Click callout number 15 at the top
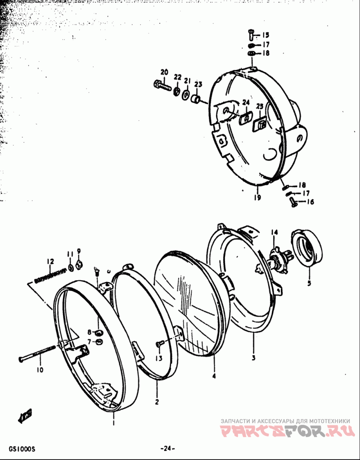click(x=265, y=35)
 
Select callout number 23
click(x=198, y=84)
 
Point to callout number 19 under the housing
click(x=257, y=198)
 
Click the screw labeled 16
click(x=293, y=202)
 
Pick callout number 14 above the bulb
click(x=274, y=232)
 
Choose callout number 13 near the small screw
click(x=158, y=358)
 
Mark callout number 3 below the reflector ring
click(x=253, y=358)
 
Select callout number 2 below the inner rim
click(x=157, y=402)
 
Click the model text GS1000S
click(x=21, y=448)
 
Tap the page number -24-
click(x=167, y=448)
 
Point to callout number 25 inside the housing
click(x=260, y=106)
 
